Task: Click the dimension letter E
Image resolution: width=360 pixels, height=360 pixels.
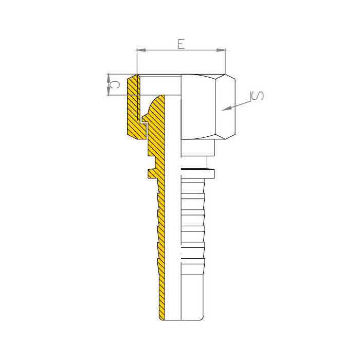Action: point(181,44)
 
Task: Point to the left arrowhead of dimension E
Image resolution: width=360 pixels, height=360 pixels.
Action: point(141,50)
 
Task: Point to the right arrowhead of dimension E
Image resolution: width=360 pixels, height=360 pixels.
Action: point(221,50)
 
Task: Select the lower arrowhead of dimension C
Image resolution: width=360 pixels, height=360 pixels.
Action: point(109,91)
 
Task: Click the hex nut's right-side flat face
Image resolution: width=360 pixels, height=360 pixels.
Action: point(225,107)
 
